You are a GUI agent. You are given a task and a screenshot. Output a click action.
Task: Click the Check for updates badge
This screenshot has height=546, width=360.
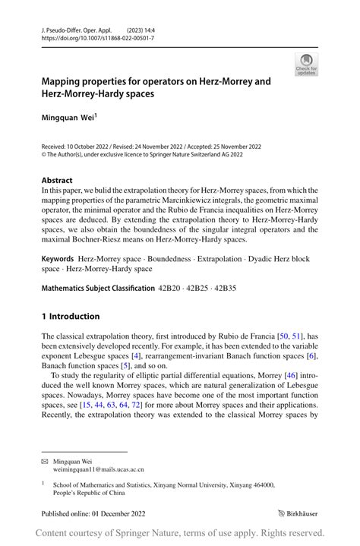pos(306,65)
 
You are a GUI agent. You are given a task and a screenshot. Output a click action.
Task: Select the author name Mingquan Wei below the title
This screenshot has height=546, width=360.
pos(68,118)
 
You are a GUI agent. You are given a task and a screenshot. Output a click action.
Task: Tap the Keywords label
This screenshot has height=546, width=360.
pos(62,258)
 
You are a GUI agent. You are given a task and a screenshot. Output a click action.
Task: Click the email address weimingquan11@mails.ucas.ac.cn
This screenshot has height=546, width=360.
pos(98,470)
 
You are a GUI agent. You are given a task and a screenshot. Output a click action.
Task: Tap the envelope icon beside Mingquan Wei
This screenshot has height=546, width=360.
pos(45,460)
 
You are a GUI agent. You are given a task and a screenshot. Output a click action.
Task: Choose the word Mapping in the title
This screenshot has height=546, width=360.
pos(66,80)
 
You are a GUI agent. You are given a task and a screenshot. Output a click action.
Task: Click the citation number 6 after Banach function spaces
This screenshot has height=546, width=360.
pos(311,356)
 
